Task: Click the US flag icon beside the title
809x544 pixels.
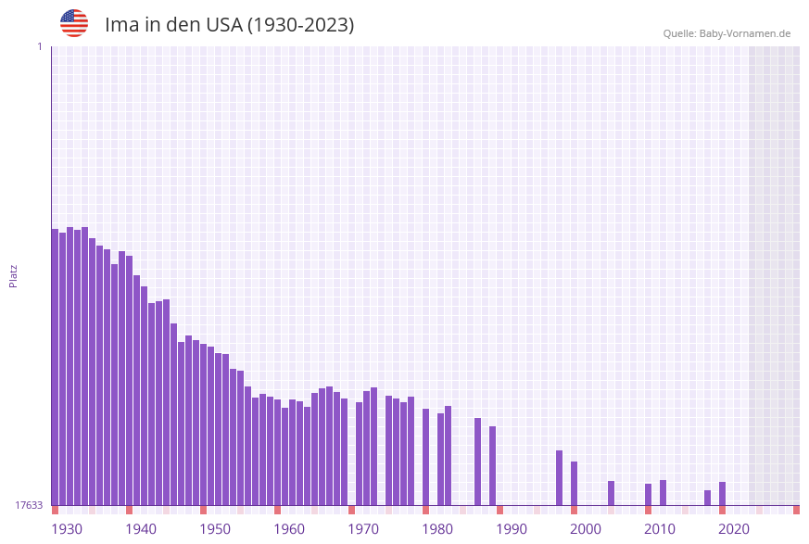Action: coord(74,23)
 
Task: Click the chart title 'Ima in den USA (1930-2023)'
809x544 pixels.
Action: coord(229,25)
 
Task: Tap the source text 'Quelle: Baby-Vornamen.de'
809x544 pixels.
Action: coord(727,33)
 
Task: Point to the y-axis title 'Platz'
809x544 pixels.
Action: coord(14,275)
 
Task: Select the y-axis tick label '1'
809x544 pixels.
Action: coord(39,46)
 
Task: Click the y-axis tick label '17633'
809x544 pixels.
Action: coord(29,505)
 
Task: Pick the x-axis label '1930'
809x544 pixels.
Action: coord(67,528)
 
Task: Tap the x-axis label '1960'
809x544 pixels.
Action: coord(289,528)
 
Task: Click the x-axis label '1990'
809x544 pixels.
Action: coord(512,528)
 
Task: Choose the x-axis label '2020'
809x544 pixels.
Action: coord(734,528)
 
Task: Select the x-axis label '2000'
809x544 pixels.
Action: coord(586,528)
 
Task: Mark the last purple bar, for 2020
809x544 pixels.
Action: coord(722,493)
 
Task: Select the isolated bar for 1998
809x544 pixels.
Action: coord(559,477)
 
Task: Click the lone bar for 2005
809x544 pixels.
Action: coord(611,493)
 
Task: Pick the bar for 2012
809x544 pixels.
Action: coord(663,492)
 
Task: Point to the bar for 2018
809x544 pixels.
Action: coord(707,498)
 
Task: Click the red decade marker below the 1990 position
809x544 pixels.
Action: coord(499,510)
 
